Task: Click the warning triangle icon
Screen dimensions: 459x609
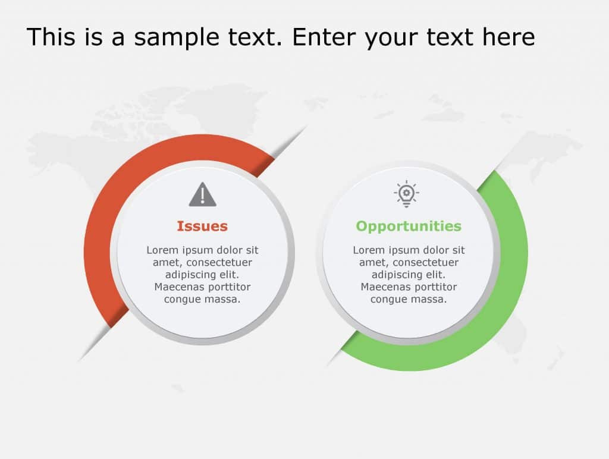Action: (x=202, y=195)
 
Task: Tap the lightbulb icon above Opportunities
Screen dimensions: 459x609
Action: (x=406, y=194)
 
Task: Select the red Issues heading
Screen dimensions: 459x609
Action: (x=202, y=226)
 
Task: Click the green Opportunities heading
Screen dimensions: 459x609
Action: (x=409, y=226)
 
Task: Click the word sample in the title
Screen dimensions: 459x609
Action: (x=177, y=37)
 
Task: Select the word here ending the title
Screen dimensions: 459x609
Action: (x=508, y=37)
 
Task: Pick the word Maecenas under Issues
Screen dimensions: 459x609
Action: (x=179, y=287)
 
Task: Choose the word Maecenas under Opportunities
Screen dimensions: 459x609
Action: (x=385, y=287)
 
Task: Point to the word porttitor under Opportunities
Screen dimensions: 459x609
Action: (x=435, y=287)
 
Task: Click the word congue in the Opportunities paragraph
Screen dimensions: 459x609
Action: (x=388, y=299)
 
